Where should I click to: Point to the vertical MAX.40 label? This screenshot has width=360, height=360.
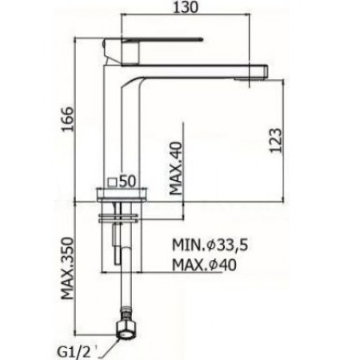[177, 164]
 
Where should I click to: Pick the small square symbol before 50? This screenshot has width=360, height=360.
[112, 182]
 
